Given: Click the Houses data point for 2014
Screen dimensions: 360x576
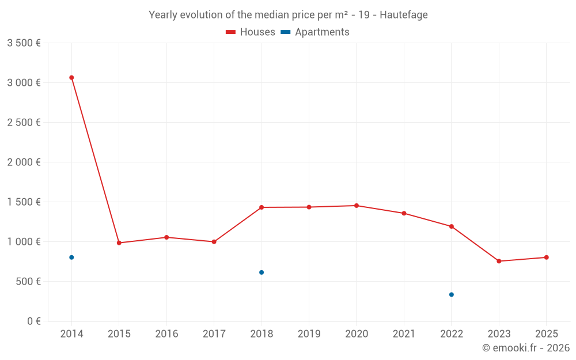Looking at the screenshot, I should tap(71, 77).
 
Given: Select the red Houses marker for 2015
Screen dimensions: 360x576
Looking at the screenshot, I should tap(119, 243).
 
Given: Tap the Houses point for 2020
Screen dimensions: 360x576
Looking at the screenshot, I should tap(357, 206).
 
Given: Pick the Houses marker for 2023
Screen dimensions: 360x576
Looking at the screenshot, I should tap(499, 262).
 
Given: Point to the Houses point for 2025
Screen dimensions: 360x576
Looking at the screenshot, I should tap(547, 257).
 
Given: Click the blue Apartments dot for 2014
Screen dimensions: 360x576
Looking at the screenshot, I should tap(71, 257).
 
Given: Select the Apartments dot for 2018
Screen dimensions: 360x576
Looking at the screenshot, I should tap(262, 272).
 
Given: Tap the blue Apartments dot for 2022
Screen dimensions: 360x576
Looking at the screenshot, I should tap(452, 295).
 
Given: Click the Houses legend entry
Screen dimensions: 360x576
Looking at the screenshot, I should tap(251, 32).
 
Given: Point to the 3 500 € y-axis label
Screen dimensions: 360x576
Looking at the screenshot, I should tap(24, 43).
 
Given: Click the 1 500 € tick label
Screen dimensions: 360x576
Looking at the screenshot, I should tap(24, 202).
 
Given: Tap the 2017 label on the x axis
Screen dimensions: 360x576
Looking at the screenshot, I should tap(214, 334).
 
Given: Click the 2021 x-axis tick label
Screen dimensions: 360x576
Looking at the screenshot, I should tap(404, 334).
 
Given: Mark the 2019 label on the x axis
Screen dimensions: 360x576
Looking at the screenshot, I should tap(309, 334).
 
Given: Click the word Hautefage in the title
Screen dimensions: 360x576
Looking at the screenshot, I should tap(404, 15).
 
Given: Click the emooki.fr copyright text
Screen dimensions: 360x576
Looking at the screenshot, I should tap(525, 348).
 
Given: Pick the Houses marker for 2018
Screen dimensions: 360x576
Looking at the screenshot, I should tap(262, 207).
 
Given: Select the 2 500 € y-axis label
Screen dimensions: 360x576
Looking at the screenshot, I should tap(24, 123).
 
